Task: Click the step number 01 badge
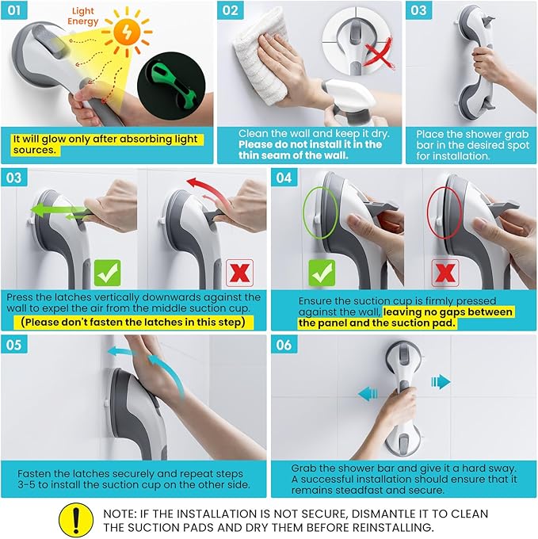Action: [14, 10]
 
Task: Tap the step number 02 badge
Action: [231, 10]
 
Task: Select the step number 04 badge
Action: [284, 178]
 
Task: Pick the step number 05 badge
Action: [14, 345]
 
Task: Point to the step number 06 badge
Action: [284, 345]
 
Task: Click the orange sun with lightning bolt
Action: [127, 32]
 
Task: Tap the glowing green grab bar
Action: [171, 86]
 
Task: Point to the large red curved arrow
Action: [207, 192]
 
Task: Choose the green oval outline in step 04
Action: [321, 213]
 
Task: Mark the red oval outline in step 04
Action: [445, 213]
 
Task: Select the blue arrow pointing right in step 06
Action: [441, 381]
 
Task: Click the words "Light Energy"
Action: [82, 16]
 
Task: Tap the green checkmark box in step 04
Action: [322, 273]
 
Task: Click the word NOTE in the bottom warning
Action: [120, 514]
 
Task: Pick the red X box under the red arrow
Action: [240, 273]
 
